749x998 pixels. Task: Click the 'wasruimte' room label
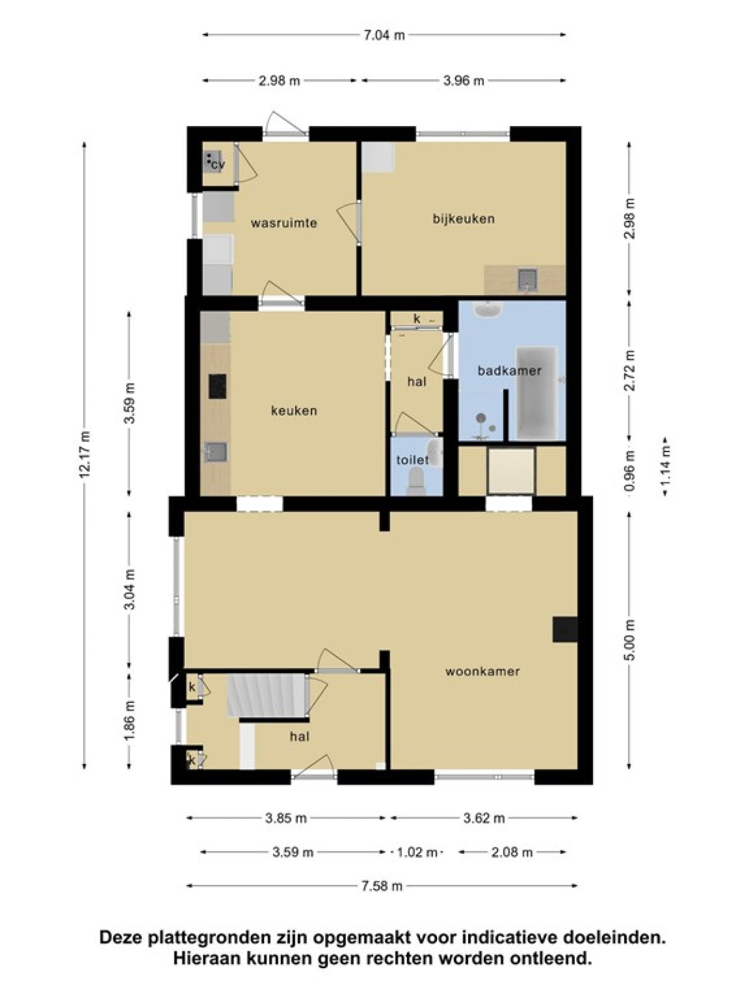(284, 223)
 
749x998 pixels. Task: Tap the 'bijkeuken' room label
(463, 219)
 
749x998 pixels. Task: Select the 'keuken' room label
(294, 410)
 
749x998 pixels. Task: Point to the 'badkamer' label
(509, 371)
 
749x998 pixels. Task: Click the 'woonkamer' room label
(482, 671)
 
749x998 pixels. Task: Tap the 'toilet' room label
(413, 460)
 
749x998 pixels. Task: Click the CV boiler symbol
(213, 162)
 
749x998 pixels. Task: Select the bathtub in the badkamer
(537, 393)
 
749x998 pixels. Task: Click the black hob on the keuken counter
(217, 386)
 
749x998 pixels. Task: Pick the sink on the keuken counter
(215, 452)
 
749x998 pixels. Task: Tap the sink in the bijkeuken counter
(527, 279)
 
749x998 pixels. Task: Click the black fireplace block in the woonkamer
(565, 630)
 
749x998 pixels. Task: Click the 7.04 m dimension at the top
(384, 35)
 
